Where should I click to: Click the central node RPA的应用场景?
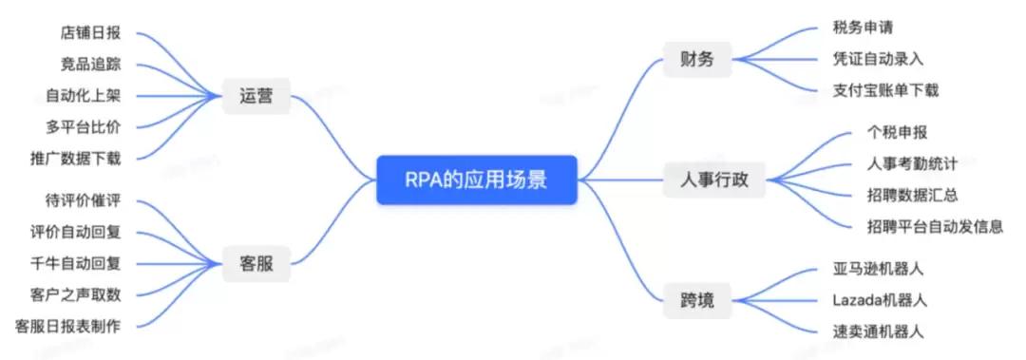click(476, 180)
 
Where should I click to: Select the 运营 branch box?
click(256, 97)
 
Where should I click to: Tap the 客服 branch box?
click(256, 264)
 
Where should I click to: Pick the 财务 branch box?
click(697, 60)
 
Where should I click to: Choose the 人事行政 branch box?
click(713, 180)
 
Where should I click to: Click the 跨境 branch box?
click(697, 301)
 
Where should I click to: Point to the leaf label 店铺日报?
click(89, 33)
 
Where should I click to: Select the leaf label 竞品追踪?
click(89, 65)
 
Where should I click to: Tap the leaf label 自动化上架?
click(83, 96)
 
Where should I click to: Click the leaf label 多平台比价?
click(83, 127)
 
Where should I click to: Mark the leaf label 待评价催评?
click(83, 200)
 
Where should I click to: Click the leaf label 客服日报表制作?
click(67, 326)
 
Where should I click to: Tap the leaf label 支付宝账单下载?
click(886, 90)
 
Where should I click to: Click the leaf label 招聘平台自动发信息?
click(935, 226)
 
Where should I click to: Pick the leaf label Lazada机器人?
click(880, 300)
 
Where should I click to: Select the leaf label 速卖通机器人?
click(878, 332)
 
